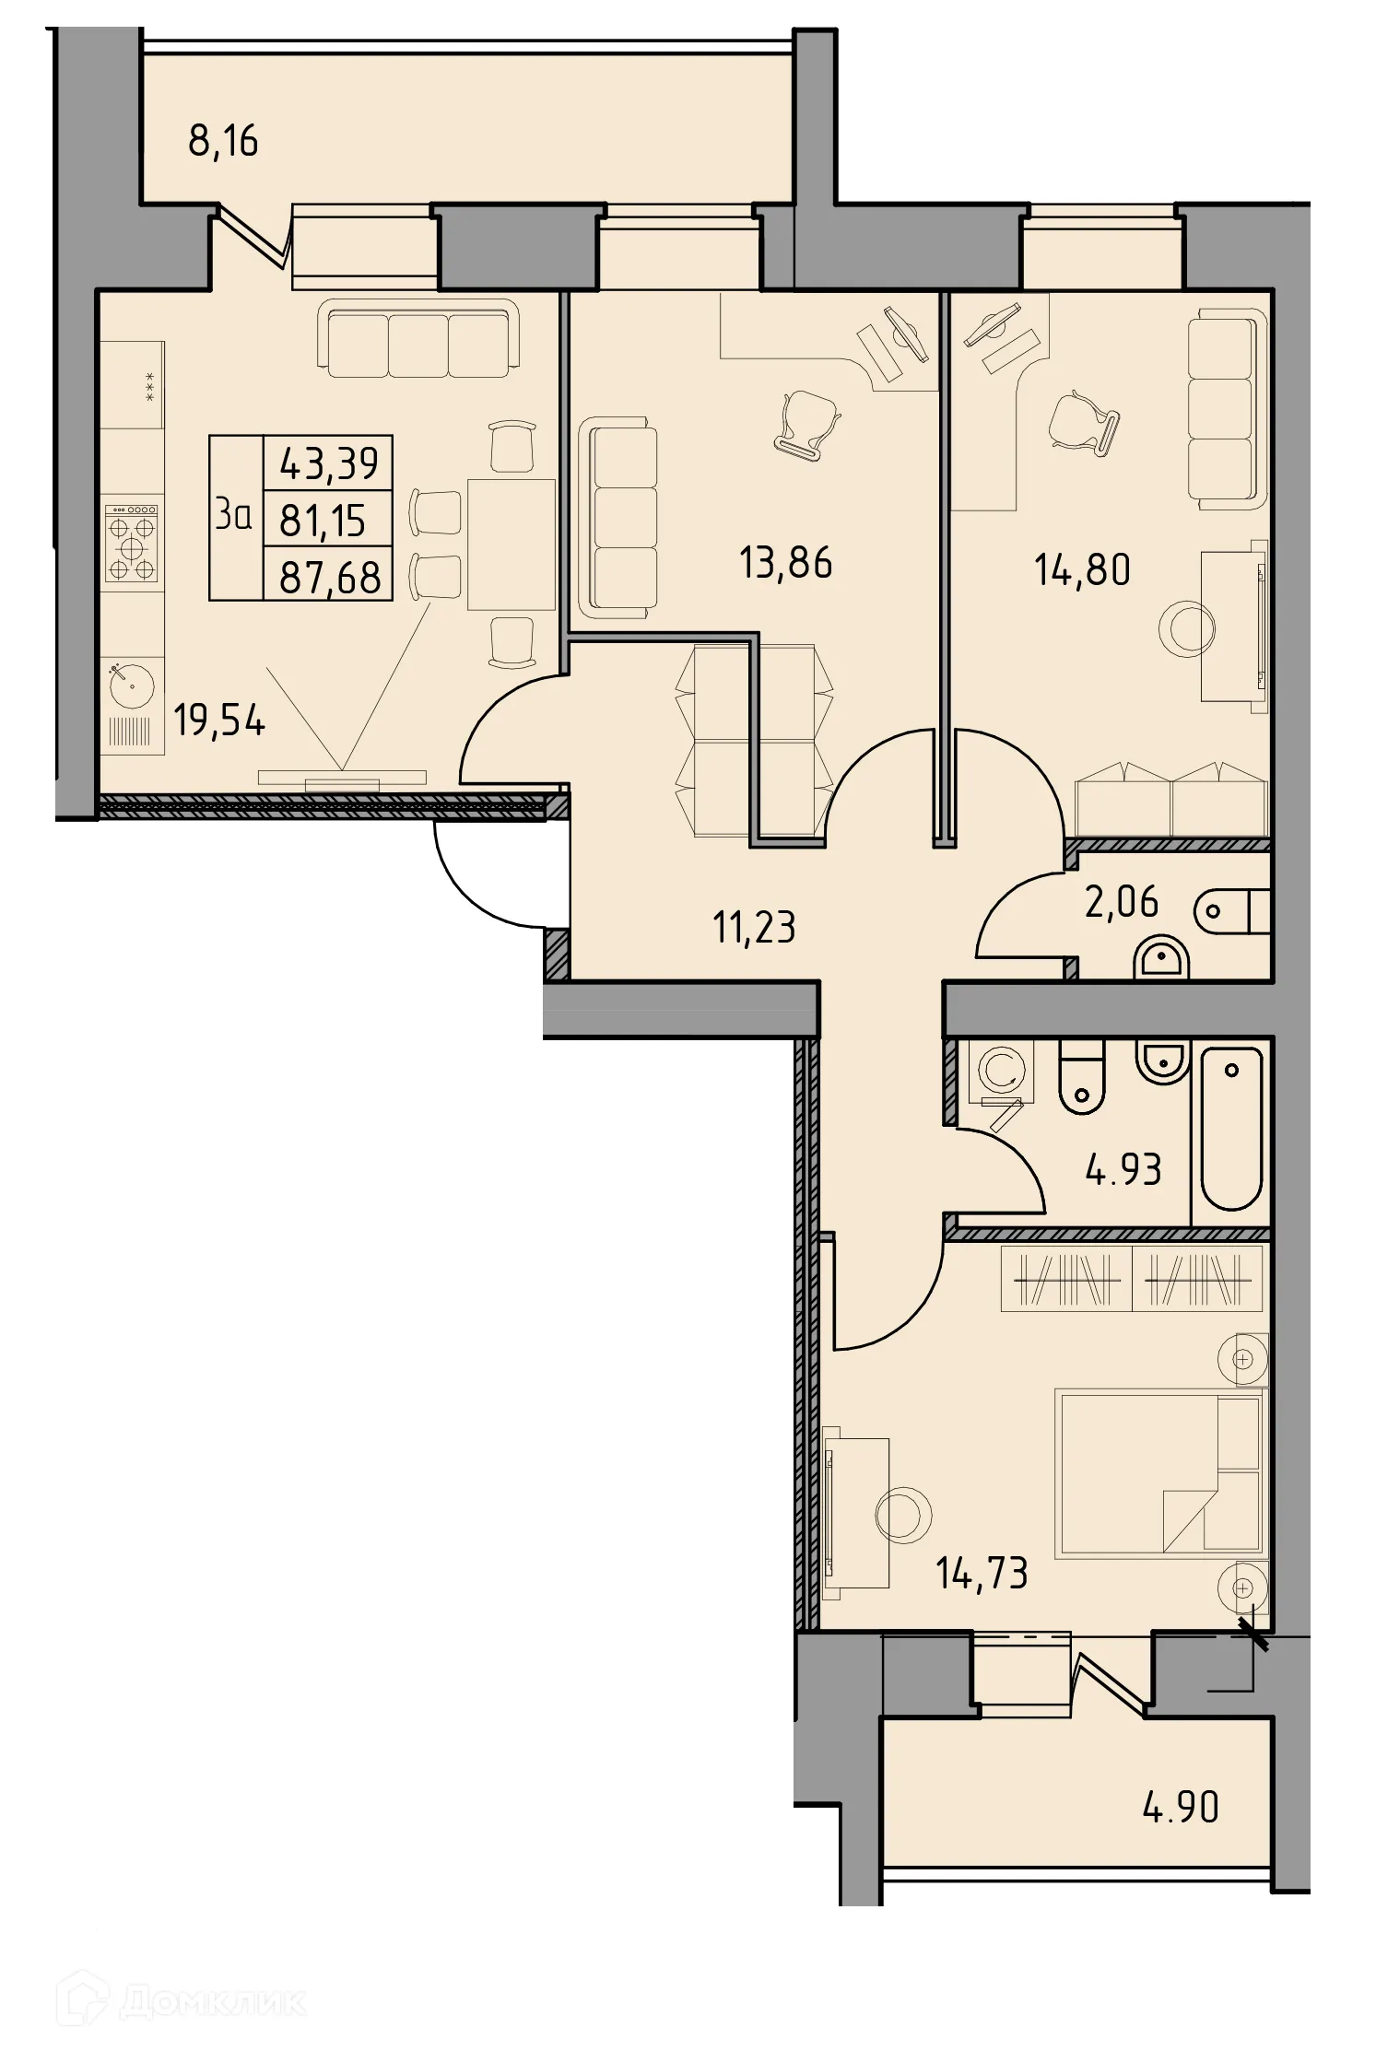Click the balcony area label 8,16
[x=223, y=142]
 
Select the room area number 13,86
[x=785, y=563]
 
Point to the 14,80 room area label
[x=1082, y=570]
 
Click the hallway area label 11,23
[x=754, y=927]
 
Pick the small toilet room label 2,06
[x=1121, y=902]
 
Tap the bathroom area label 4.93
[x=1123, y=1169]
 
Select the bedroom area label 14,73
[x=982, y=1574]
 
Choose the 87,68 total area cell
[x=330, y=578]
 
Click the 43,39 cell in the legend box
[x=329, y=463]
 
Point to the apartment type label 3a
[x=233, y=516]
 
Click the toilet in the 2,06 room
[x=1231, y=911]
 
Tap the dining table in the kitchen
[x=512, y=545]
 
